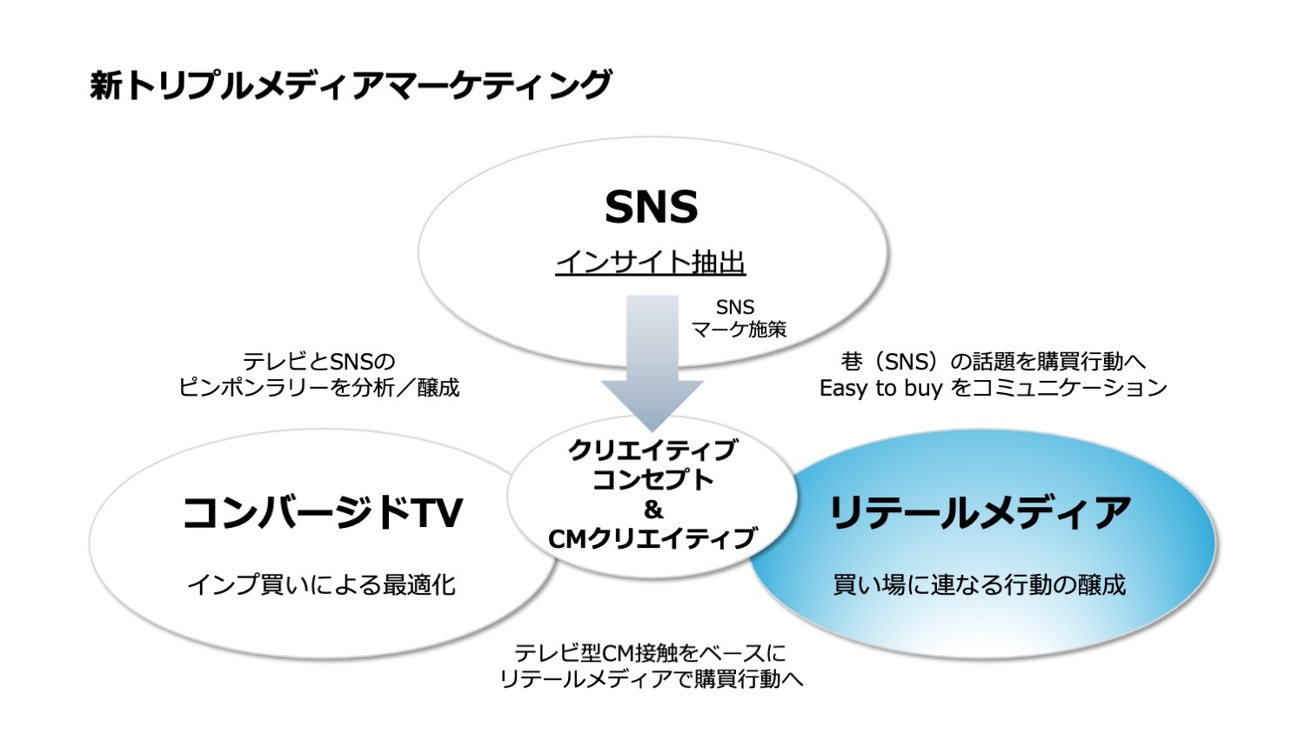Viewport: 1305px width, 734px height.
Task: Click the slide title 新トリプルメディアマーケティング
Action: point(350,85)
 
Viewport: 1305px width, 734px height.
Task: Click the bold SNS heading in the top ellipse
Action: point(652,207)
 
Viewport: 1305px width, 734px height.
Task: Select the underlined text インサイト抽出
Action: point(651,262)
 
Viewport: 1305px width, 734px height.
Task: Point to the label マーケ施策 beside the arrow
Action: point(739,329)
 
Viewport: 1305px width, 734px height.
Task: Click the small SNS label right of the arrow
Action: point(735,307)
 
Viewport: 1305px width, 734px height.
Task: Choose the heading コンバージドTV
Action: point(323,513)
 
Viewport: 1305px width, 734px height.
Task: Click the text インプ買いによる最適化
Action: point(321,585)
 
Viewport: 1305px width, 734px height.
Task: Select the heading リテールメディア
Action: point(980,513)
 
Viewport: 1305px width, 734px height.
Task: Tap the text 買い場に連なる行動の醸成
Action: point(980,585)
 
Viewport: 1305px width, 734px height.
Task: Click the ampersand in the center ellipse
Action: point(653,510)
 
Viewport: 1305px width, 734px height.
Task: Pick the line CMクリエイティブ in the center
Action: point(653,538)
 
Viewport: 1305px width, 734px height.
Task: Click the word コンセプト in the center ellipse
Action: point(653,480)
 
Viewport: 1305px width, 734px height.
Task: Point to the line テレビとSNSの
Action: point(318,362)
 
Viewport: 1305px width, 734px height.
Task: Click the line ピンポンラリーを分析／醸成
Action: point(318,387)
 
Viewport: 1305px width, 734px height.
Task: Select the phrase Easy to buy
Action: point(880,388)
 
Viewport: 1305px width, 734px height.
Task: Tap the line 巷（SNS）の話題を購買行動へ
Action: point(994,362)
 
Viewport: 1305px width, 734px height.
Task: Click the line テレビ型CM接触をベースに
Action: point(651,653)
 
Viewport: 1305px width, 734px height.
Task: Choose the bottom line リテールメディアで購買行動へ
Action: point(652,678)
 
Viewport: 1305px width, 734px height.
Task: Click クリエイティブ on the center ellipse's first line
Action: point(653,450)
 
